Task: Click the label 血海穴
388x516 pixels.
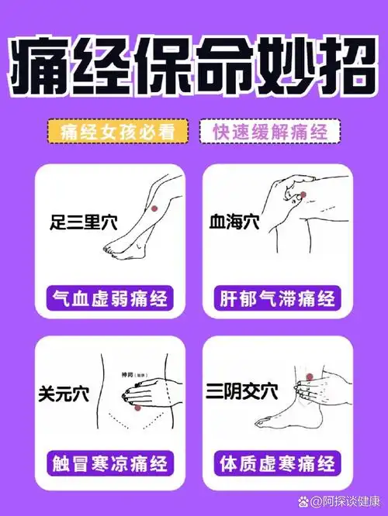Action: point(233,222)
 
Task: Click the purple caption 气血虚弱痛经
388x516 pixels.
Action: point(109,298)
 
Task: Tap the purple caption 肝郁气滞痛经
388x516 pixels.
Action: point(279,298)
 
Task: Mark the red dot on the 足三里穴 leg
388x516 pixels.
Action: point(154,207)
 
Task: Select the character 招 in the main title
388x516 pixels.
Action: point(345,64)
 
